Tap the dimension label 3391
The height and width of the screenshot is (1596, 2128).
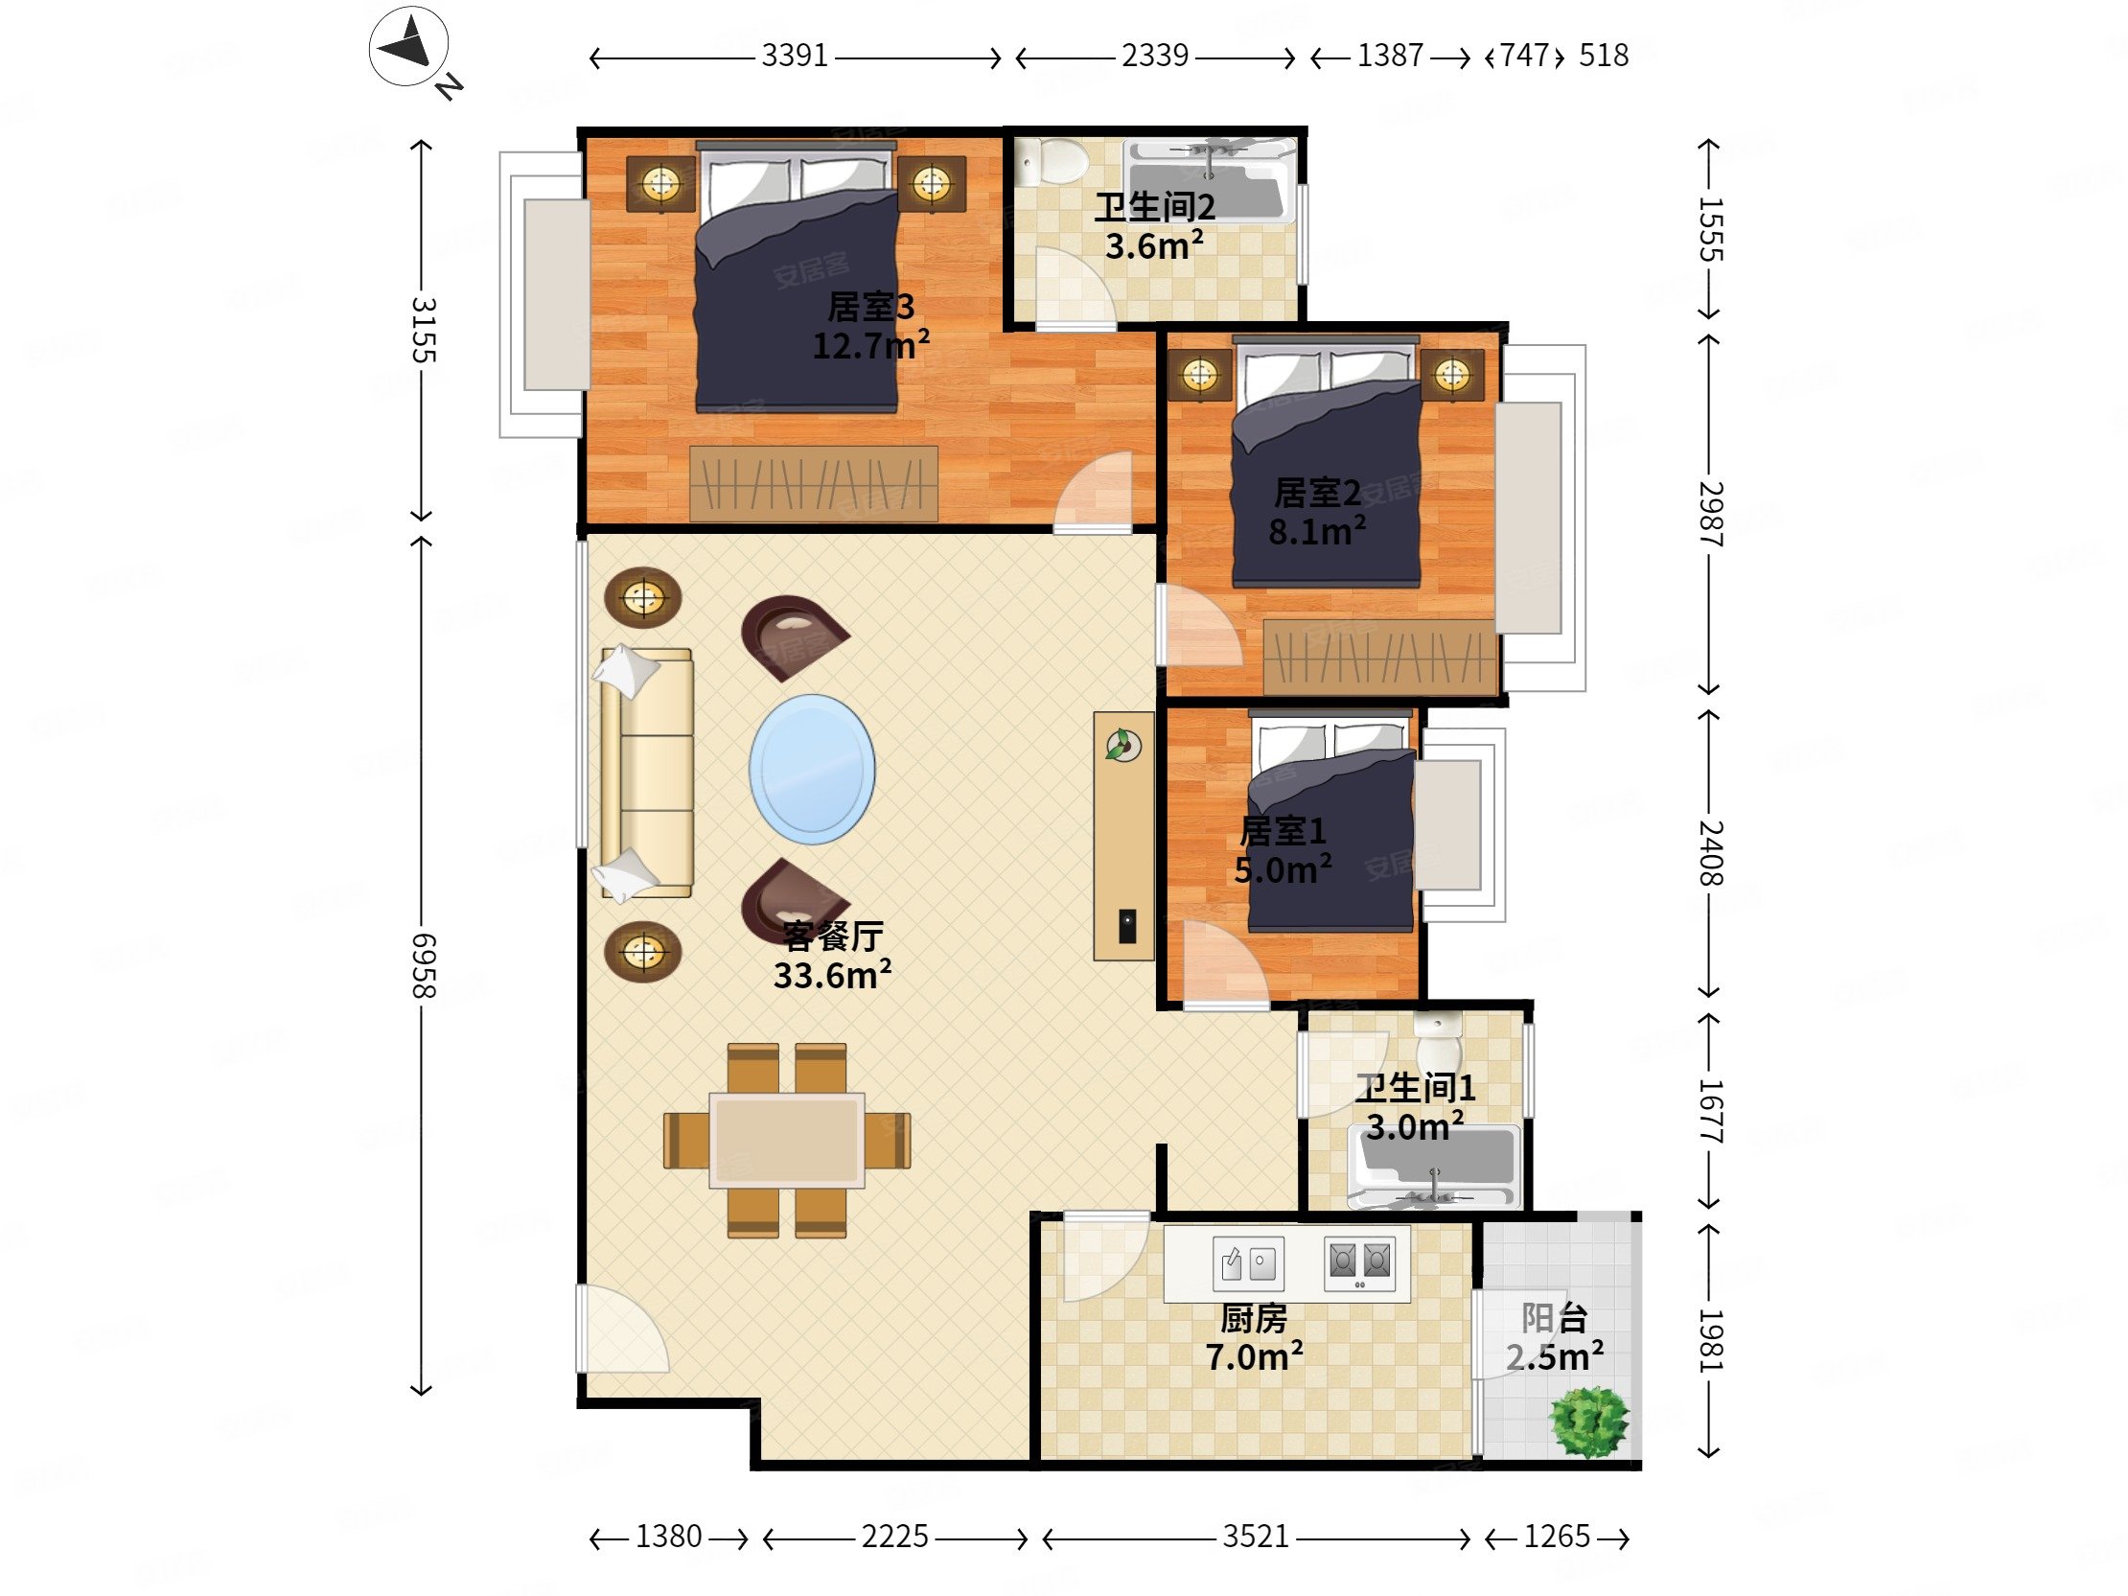pos(795,56)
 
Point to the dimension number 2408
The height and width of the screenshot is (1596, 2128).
pos(1709,852)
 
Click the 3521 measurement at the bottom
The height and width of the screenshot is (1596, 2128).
pos(1256,1537)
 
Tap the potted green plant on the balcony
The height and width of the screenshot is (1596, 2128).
pos(1589,1422)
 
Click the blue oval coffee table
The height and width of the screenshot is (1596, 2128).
pos(813,770)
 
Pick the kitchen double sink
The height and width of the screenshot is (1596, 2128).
pos(1248,1262)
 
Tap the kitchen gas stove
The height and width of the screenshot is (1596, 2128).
pos(1359,1262)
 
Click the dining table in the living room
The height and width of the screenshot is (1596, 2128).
pos(787,1140)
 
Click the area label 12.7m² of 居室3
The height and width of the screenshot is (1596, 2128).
pos(870,344)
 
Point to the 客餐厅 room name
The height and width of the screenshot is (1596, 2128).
pos(832,936)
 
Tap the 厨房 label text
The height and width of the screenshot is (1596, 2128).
pos(1254,1318)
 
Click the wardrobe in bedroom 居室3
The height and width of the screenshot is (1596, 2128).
pos(814,483)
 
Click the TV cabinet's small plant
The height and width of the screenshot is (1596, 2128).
pos(1122,745)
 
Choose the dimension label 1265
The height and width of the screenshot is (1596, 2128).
pos(1557,1537)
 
